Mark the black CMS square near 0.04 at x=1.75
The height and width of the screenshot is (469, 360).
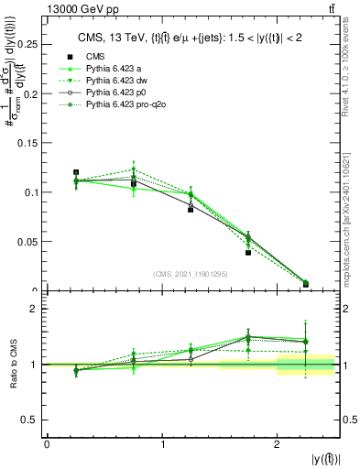click(248, 253)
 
